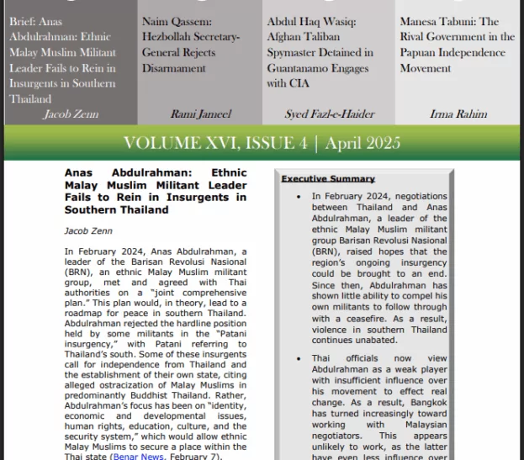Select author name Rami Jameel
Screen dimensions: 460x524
click(x=200, y=114)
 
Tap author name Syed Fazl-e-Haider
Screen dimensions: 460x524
click(x=329, y=114)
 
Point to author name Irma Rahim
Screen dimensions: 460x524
click(x=458, y=114)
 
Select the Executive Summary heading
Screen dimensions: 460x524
click(x=328, y=179)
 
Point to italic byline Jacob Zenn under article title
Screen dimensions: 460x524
click(x=87, y=230)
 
